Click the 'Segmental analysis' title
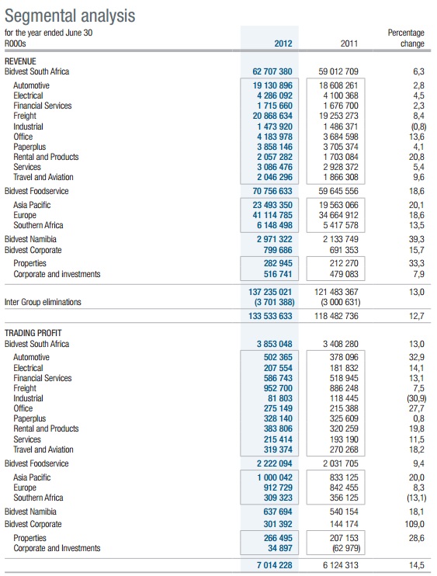coord(70,16)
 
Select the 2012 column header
coord(283,43)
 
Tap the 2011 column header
coord(349,43)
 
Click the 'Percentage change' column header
coord(406,38)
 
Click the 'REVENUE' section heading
coord(20,61)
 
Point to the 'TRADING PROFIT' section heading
coord(33,333)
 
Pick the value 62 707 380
coord(272,71)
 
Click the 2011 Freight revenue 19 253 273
coord(338,116)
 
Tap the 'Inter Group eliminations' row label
coord(43,302)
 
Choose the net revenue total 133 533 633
coord(270,316)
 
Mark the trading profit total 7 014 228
coord(274,565)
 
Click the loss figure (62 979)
coord(345,549)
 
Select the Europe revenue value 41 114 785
coord(272,215)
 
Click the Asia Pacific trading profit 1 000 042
coord(275,477)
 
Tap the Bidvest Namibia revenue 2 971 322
coord(275,240)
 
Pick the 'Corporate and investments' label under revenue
coord(57,274)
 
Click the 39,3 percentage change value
coord(417,240)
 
